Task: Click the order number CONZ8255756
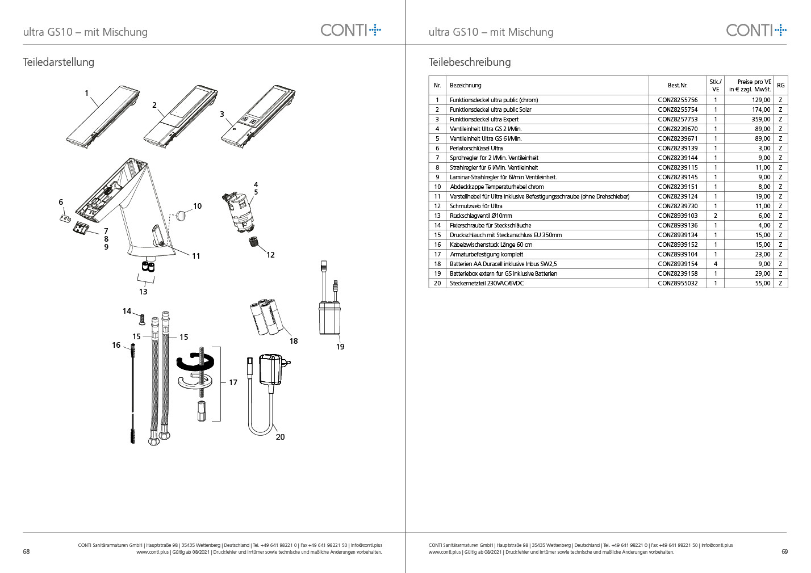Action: click(678, 100)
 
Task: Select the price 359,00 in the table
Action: click(761, 119)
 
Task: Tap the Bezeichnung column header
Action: click(465, 86)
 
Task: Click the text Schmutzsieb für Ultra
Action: click(476, 206)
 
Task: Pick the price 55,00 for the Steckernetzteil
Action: click(762, 283)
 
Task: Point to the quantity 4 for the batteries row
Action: click(715, 264)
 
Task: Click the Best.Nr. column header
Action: click(677, 86)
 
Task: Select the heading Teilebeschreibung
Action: click(469, 62)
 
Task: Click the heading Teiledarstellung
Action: click(58, 62)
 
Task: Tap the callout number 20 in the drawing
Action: click(280, 437)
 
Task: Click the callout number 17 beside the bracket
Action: click(233, 382)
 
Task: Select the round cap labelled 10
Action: click(181, 215)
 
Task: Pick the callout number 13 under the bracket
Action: click(143, 292)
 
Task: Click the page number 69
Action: click(784, 551)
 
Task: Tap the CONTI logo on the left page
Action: click(350, 30)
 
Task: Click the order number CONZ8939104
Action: click(678, 254)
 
